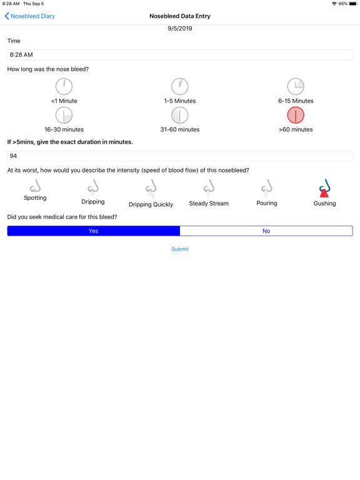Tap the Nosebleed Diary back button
30,16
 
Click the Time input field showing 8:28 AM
180,55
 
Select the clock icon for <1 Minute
64,86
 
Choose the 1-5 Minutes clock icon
180,86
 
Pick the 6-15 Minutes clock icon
296,86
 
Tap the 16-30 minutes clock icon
64,115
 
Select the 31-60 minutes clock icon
180,115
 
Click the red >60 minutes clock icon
296,115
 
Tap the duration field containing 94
180,156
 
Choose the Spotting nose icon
35,186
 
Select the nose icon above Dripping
93,187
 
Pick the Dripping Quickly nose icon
151,188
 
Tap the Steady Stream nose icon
209,187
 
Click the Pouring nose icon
267,187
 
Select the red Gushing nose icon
324,188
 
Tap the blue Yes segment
94,231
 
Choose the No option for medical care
266,231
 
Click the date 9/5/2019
180,29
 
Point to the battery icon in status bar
354,4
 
